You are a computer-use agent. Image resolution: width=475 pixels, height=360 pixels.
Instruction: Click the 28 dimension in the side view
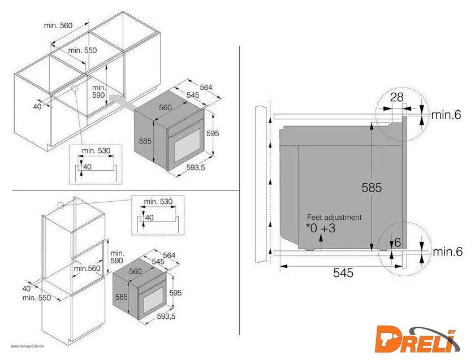[396, 97]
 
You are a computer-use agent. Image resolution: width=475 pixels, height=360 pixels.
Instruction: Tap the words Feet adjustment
[334, 218]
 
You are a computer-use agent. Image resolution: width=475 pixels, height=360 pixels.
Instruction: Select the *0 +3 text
[321, 228]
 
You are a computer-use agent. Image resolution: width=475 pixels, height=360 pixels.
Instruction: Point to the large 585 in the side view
[372, 188]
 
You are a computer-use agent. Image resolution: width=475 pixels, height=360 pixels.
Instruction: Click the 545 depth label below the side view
[343, 273]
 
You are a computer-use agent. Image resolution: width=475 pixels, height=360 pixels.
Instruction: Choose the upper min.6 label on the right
[446, 115]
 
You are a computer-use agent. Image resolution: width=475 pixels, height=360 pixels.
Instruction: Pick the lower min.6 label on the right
[447, 251]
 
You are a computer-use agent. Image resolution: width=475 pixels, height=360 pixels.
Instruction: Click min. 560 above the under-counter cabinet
[58, 25]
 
